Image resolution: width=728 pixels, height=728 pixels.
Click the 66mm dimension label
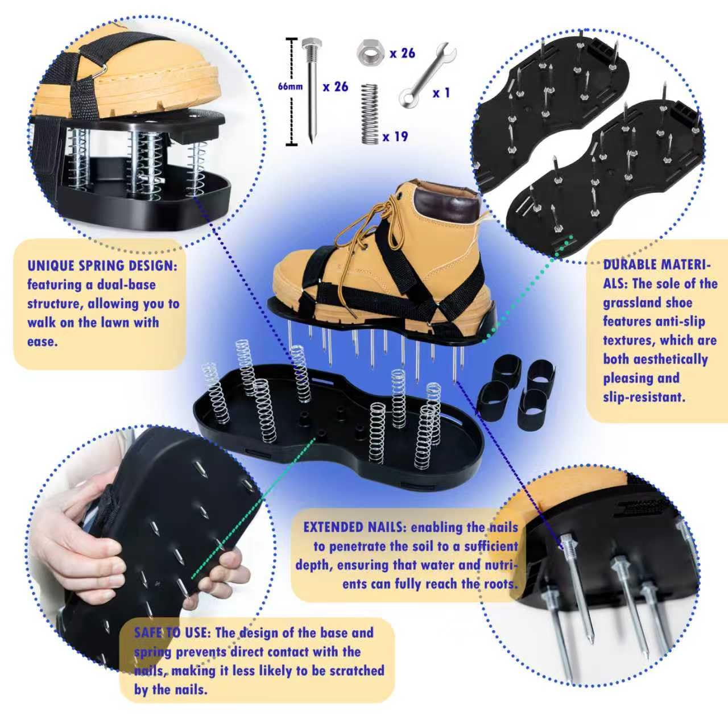pyautogui.click(x=290, y=86)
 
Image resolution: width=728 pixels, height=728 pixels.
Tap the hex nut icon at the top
pyautogui.click(x=370, y=53)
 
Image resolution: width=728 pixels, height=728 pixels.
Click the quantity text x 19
pyautogui.click(x=395, y=136)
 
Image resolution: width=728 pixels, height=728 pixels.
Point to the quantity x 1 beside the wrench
pyautogui.click(x=441, y=93)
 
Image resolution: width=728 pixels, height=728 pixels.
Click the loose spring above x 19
pyautogui.click(x=370, y=114)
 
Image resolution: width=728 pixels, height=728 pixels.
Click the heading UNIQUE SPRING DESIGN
pyautogui.click(x=102, y=266)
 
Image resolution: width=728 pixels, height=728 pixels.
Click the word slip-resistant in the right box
pyautogui.click(x=644, y=397)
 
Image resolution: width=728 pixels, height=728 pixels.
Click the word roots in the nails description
pyautogui.click(x=501, y=584)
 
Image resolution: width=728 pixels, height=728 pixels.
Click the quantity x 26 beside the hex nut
pyautogui.click(x=402, y=53)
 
